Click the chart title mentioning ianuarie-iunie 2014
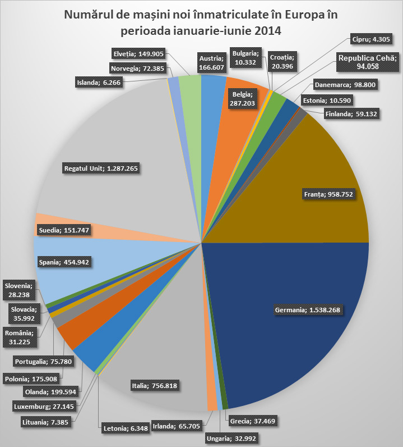pyautogui.click(x=201, y=21)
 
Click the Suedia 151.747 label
pyautogui.click(x=64, y=230)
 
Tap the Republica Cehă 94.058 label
pyautogui.click(x=367, y=62)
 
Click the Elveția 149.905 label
pyautogui.click(x=139, y=54)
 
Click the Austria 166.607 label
pyautogui.click(x=211, y=62)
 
